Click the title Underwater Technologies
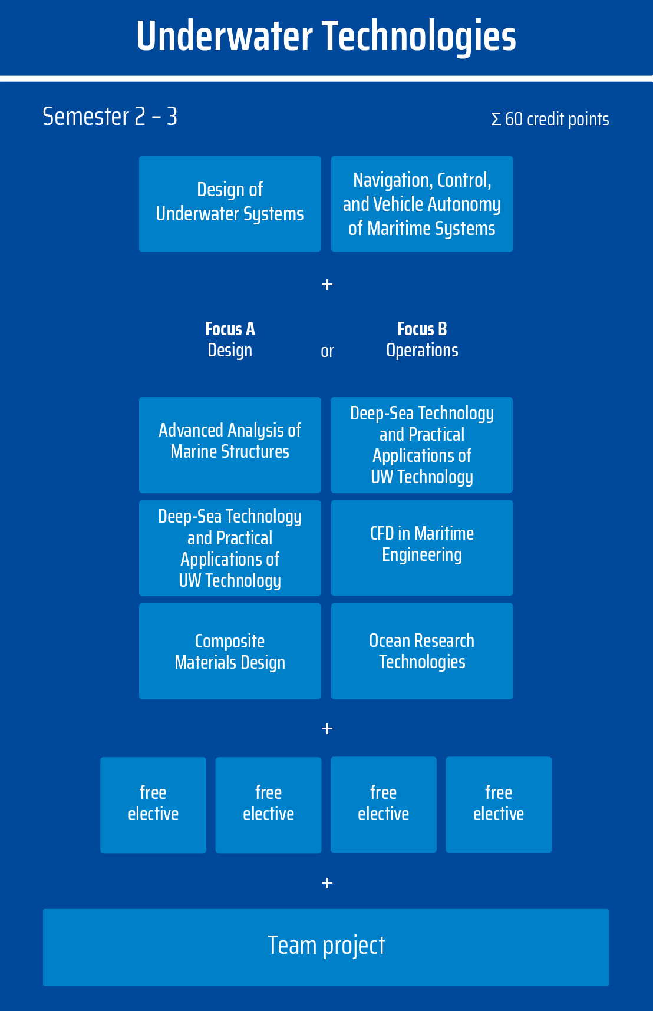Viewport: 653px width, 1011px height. point(326,37)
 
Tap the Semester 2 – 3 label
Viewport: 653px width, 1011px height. point(110,117)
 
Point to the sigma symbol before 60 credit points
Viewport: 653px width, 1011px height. point(496,120)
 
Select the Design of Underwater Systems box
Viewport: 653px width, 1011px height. point(230,203)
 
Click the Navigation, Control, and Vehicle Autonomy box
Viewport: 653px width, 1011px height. point(422,203)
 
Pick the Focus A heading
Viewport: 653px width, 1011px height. point(230,329)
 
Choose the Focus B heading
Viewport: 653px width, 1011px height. point(422,329)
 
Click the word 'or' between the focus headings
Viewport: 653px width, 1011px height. point(327,352)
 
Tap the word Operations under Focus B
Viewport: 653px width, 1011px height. point(422,351)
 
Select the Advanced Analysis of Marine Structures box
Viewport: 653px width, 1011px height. point(230,444)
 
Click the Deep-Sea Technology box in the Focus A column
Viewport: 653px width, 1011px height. point(230,548)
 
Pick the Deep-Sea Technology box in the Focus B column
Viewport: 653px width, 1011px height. point(422,444)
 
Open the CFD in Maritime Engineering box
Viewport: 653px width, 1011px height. point(422,548)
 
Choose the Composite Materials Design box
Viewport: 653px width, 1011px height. point(230,651)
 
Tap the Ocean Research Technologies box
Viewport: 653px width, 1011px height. point(422,651)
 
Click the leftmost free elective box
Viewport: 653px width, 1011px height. point(153,805)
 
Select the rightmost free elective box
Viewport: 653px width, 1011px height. point(499,805)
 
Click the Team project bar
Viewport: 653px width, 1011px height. point(326,947)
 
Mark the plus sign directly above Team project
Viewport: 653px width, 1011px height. point(327,883)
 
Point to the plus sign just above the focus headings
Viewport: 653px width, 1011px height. point(327,285)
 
